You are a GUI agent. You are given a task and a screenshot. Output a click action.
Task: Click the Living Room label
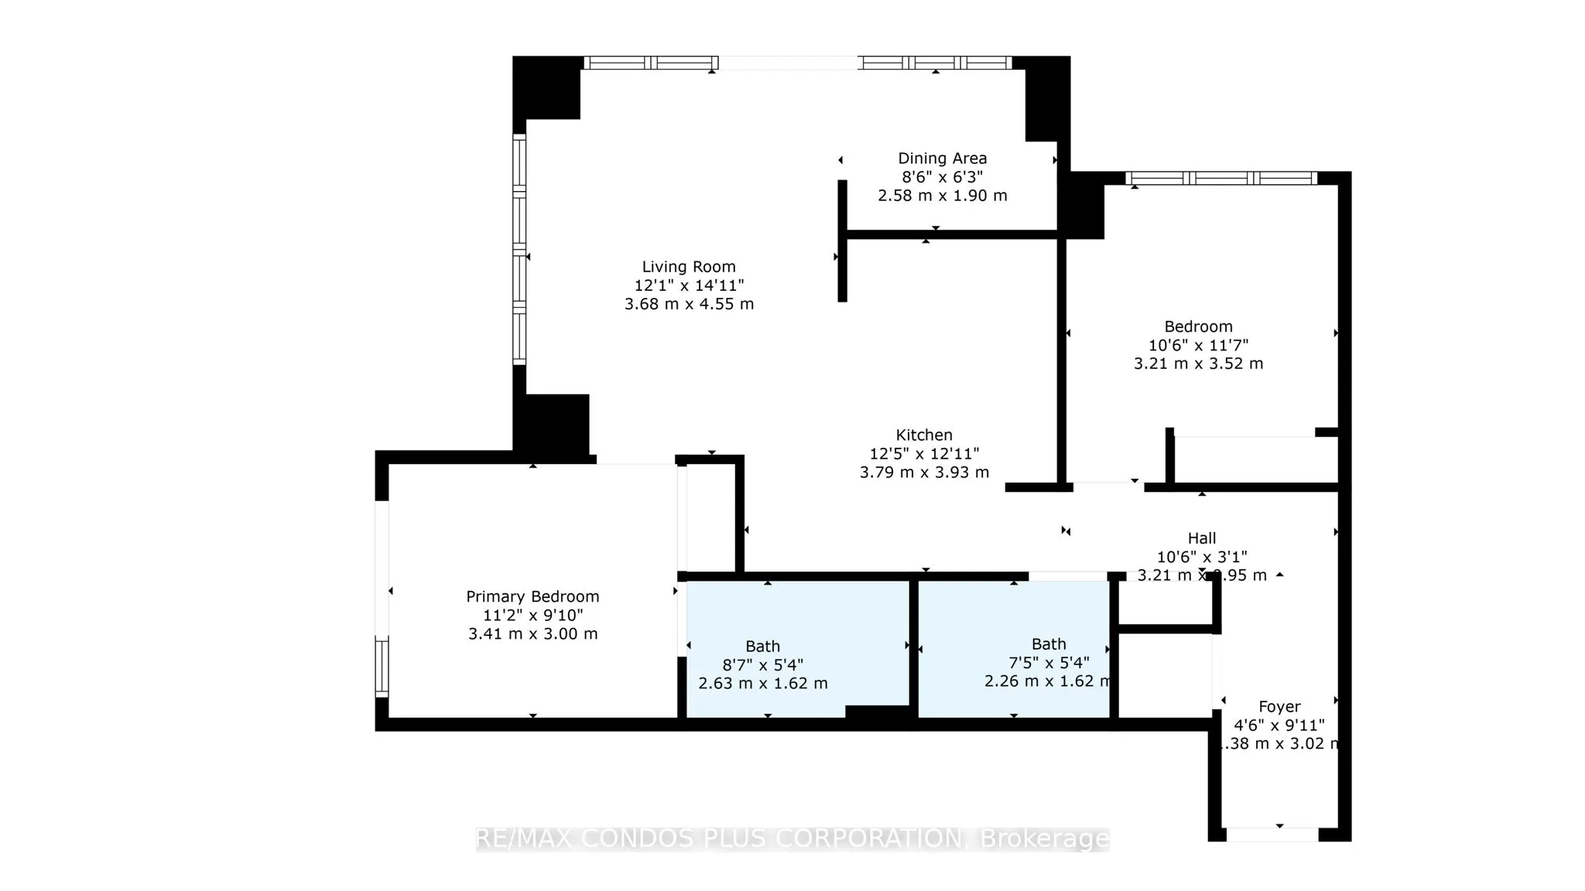(688, 267)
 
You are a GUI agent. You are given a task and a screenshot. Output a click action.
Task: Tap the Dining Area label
(942, 159)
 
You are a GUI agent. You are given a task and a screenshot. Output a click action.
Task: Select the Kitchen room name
(923, 435)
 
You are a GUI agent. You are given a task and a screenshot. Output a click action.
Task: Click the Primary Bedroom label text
(532, 596)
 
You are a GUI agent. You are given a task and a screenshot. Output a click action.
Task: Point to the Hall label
(1201, 538)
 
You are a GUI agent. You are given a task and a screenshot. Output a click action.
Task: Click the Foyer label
(1279, 706)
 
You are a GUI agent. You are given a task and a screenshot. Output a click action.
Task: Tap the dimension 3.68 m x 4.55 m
(688, 304)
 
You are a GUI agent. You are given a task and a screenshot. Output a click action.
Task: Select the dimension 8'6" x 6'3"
(942, 177)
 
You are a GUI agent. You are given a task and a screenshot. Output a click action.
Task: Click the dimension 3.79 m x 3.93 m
(923, 472)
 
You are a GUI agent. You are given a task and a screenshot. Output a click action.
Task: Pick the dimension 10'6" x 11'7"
(1198, 345)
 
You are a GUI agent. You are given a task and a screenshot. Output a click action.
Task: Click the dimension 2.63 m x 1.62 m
(762, 684)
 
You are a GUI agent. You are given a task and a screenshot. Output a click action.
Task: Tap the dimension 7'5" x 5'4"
(1049, 663)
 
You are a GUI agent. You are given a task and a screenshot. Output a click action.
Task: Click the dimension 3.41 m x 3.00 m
(532, 633)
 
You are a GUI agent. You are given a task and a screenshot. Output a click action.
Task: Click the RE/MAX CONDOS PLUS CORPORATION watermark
(792, 838)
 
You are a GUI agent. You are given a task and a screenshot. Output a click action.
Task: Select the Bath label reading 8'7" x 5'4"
(762, 646)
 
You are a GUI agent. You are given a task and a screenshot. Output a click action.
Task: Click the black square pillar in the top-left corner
(546, 87)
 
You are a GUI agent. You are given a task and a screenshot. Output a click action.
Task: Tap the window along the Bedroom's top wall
(1220, 179)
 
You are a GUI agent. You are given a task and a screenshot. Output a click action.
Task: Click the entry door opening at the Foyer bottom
(1272, 835)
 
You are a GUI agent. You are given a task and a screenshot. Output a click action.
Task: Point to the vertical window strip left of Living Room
(519, 249)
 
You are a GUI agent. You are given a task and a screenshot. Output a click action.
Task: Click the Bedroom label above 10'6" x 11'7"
(1198, 326)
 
